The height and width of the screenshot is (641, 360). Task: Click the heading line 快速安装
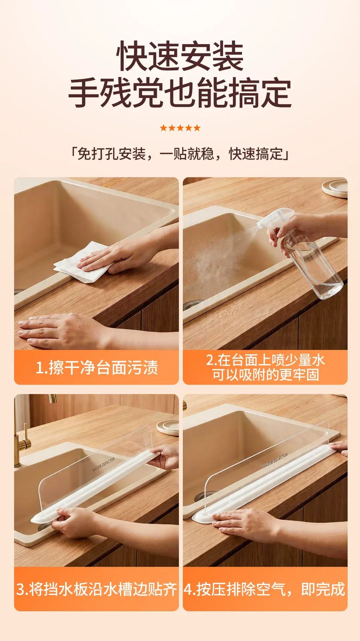180,56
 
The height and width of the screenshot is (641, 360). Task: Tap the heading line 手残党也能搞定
180,92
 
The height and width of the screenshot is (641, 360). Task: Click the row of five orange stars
180,128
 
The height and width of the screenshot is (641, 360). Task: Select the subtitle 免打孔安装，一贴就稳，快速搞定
180,154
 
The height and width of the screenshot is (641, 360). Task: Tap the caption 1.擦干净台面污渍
97,368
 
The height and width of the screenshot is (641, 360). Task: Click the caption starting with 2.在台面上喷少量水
265,367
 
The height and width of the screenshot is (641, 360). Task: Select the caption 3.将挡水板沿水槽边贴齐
96,589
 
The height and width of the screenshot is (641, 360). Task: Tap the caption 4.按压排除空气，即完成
265,589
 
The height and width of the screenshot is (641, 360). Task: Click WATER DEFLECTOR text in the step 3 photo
103,464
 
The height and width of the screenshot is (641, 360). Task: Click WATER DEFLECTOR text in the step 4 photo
275,460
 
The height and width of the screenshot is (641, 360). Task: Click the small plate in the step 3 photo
168,427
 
